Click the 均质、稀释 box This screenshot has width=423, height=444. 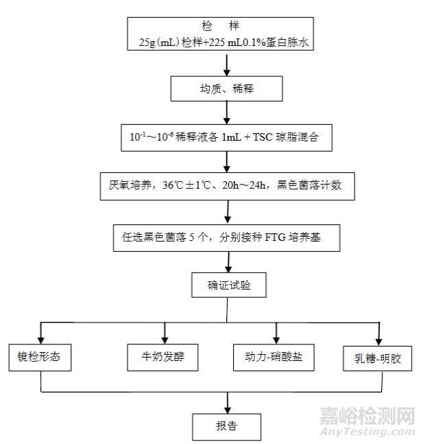226,89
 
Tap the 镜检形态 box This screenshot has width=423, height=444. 40,358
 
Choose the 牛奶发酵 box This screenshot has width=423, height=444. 163,358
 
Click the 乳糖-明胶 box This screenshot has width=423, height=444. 378,359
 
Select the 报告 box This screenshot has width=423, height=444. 226,425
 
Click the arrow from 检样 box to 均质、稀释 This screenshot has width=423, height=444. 226,65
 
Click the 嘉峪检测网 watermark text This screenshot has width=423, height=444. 367,417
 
